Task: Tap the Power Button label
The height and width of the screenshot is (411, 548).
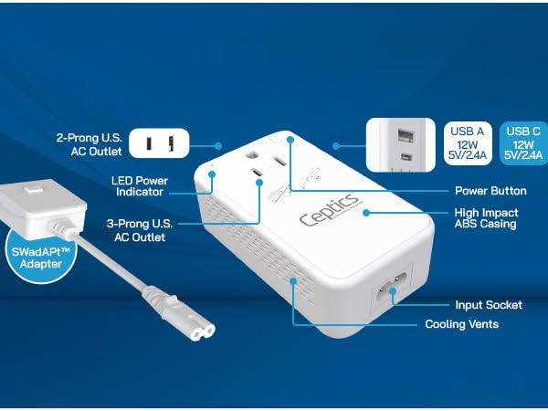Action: coord(490,191)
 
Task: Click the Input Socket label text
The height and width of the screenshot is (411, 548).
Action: coord(489,305)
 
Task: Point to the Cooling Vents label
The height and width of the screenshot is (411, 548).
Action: coord(461,324)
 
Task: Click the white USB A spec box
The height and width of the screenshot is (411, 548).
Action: coord(468,143)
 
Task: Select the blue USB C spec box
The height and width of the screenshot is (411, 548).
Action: coord(524,143)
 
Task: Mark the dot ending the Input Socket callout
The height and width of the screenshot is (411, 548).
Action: coord(394,293)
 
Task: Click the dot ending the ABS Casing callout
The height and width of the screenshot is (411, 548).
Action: coord(365,212)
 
